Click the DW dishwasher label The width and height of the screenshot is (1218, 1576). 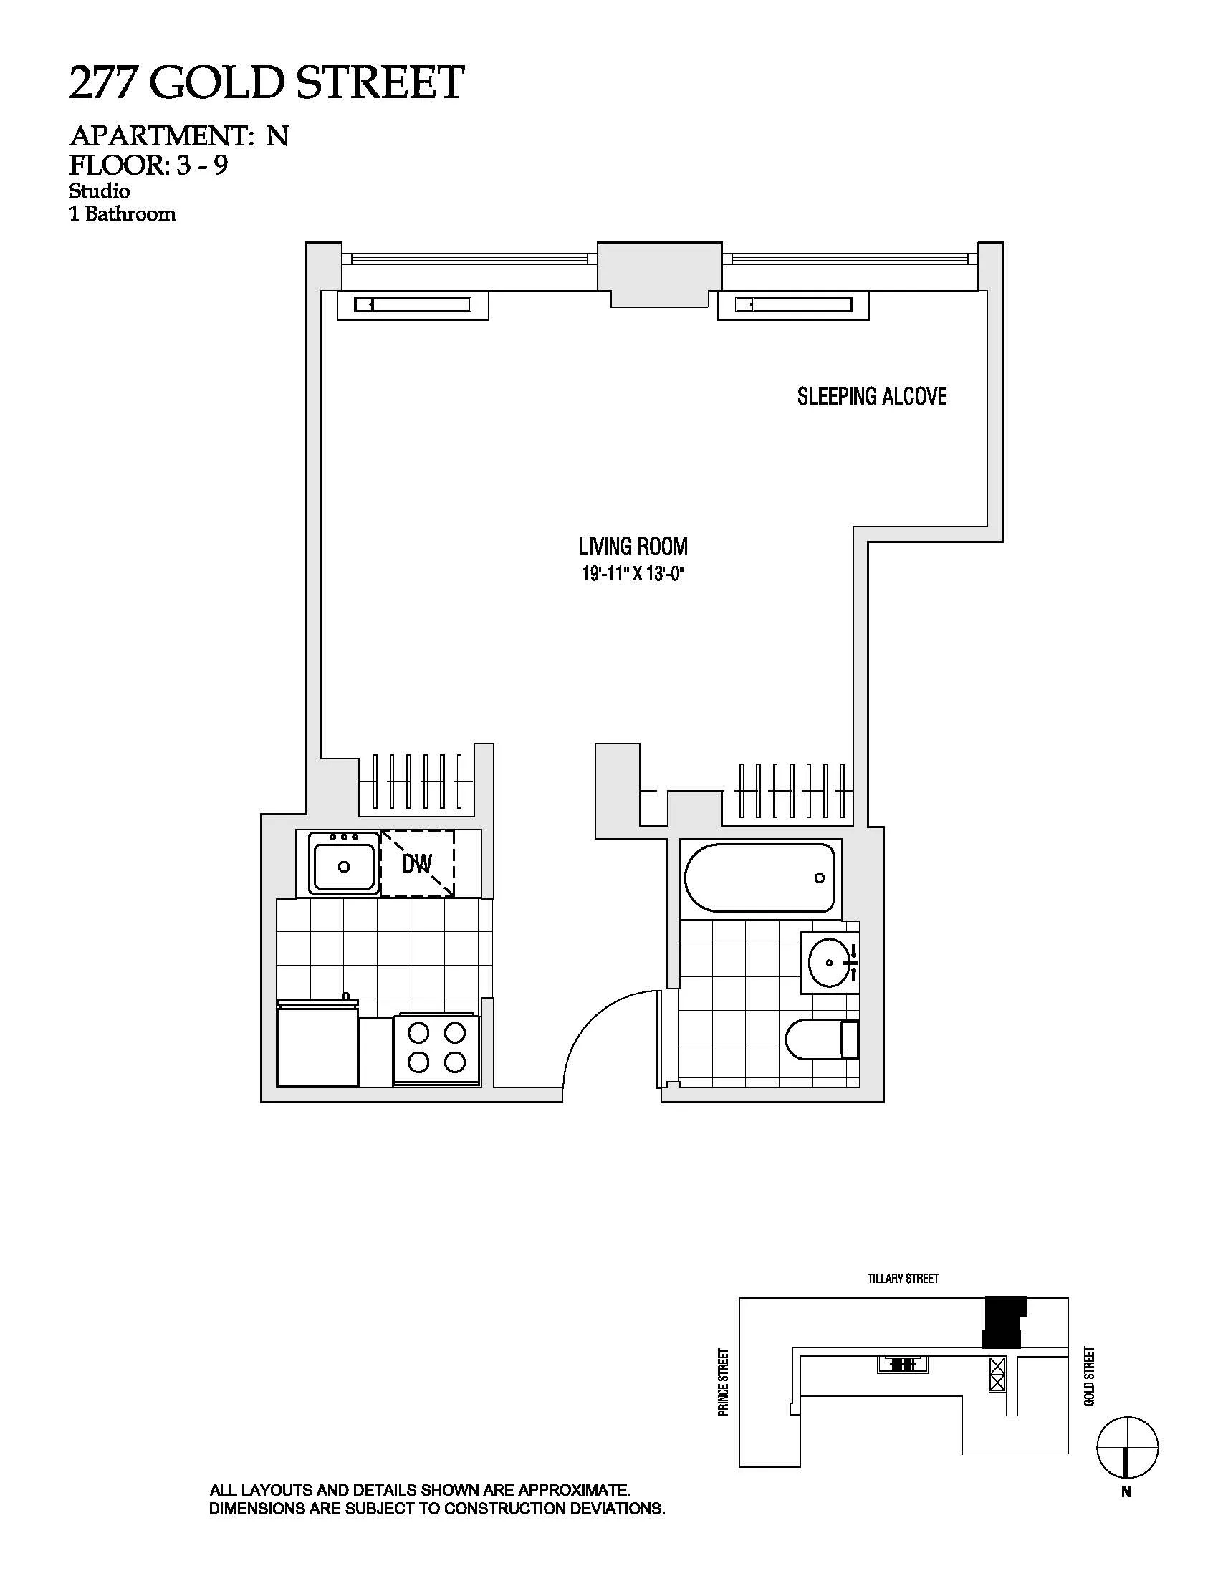click(x=417, y=863)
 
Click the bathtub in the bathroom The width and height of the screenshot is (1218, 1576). click(x=759, y=878)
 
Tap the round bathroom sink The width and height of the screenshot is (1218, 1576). click(x=828, y=963)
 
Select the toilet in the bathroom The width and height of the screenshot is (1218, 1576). click(x=821, y=1039)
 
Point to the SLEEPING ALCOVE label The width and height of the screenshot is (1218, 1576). click(x=872, y=396)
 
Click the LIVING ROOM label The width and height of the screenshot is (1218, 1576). click(x=633, y=547)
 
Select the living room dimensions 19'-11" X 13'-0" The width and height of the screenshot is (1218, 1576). click(x=633, y=575)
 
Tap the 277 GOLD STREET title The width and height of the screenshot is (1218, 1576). click(x=267, y=83)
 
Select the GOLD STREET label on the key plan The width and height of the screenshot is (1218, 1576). click(x=1090, y=1375)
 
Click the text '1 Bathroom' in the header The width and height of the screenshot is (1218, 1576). click(x=123, y=214)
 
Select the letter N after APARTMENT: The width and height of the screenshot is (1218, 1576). click(x=277, y=135)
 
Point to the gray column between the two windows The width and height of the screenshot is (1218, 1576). click(x=658, y=273)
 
